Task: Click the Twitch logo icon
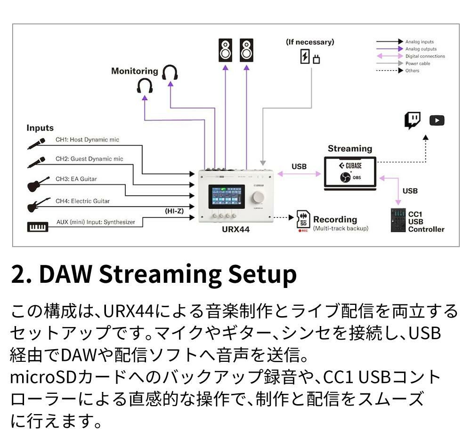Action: pos(413,120)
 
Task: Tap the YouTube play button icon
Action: pos(437,120)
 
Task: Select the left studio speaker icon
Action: pos(225,50)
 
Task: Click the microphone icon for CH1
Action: pos(36,143)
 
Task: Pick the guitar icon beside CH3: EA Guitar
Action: pos(38,184)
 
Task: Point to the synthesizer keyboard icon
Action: pos(38,228)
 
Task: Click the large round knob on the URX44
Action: pos(258,196)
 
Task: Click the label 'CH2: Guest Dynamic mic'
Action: pos(89,159)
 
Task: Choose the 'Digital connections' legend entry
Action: pos(425,56)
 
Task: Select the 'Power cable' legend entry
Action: pos(418,64)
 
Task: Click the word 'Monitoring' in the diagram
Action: pos(135,71)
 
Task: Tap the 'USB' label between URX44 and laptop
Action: pos(299,166)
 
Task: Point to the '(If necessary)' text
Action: pos(310,42)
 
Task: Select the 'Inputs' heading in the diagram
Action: pos(40,128)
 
